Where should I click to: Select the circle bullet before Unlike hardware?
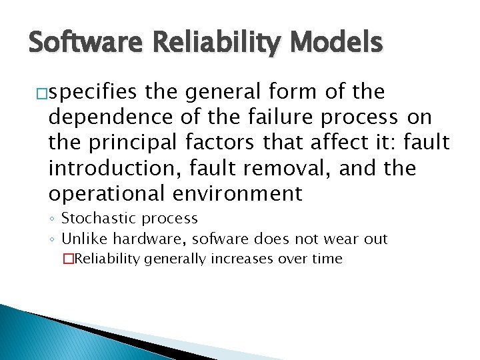point(53,239)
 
